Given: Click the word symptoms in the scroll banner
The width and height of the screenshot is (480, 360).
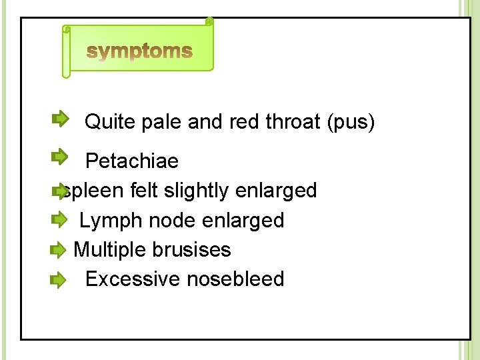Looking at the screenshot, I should pos(140,51).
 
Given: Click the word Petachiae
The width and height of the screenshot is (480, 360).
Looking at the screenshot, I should pos(132,161).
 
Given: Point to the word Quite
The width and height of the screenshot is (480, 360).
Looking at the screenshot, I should pos(109,123).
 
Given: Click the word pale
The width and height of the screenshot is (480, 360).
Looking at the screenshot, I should pos(161,123).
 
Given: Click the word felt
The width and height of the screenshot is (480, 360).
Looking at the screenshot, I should pos(143,191).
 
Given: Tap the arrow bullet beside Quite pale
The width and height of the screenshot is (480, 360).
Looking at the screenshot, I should pos(59,119).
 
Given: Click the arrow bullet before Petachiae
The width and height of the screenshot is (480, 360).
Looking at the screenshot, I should pos(59,157).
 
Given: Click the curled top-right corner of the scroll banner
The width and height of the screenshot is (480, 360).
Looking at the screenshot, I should pos(209,22).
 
